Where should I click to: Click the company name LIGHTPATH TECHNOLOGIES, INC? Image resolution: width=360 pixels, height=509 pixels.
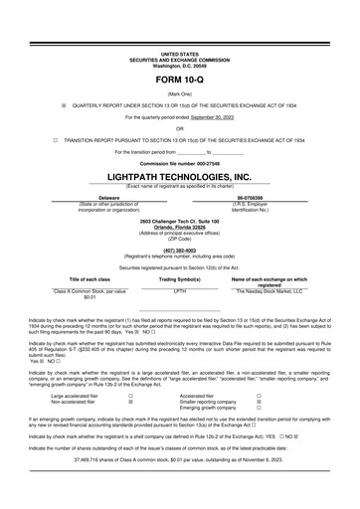coord(180,176)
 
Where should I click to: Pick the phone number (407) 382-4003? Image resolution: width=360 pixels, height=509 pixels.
coord(180,251)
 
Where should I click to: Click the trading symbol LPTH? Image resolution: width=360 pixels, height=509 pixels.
coord(180,290)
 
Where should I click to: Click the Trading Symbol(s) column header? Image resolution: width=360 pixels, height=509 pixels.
coord(180,279)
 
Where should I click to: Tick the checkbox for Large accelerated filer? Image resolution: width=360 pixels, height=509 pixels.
coord(131,395)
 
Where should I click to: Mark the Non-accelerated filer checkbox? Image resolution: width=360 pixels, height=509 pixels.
coord(131,401)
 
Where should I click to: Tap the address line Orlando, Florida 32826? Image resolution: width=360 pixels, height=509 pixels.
coord(180,227)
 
